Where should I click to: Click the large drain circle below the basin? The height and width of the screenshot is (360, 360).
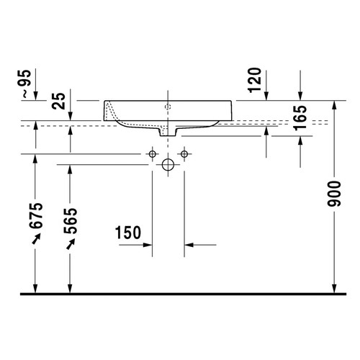tap(168, 165)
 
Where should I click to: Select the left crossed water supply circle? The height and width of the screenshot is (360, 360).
tap(152, 154)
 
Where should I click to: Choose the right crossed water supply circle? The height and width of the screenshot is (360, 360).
tap(184, 154)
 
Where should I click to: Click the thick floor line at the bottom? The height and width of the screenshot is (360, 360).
tap(180, 294)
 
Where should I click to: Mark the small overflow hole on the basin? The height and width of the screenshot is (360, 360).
tap(168, 107)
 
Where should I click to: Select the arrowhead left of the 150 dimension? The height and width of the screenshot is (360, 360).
tap(148, 246)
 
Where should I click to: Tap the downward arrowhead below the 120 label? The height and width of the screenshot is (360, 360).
tap(266, 96)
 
